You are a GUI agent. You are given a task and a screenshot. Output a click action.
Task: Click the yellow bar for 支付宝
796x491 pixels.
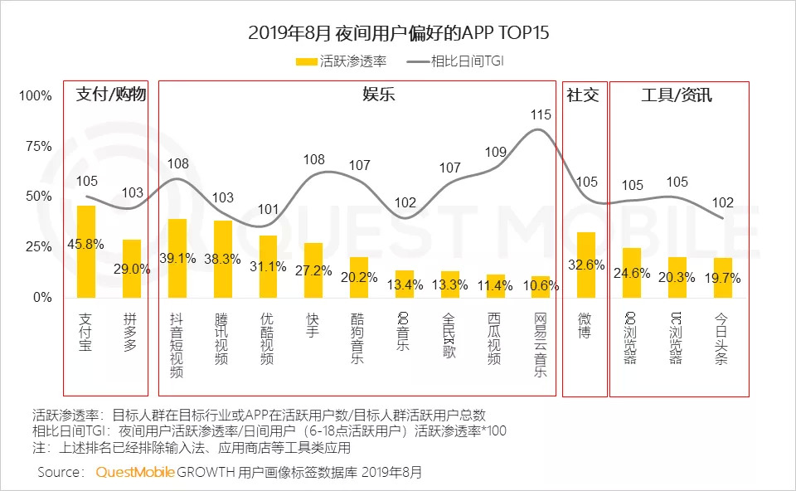click(x=86, y=251)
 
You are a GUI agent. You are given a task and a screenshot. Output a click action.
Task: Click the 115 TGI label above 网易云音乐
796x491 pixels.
click(x=541, y=114)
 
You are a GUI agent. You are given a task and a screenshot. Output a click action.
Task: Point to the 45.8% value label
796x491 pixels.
click(x=86, y=244)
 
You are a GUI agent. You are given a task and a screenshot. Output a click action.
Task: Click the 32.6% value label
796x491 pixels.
click(x=585, y=265)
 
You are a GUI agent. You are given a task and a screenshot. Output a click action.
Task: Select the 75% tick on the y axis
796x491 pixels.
click(x=36, y=147)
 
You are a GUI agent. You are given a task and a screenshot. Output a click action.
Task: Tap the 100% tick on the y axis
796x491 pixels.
click(x=34, y=96)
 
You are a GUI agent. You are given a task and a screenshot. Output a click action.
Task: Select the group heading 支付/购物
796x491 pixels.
click(x=111, y=94)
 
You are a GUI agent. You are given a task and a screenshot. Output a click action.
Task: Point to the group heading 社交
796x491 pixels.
click(x=582, y=94)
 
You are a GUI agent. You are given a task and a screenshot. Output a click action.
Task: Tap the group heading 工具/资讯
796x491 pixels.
click(x=677, y=94)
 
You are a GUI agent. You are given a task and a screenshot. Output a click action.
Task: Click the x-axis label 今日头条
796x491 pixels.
click(x=721, y=339)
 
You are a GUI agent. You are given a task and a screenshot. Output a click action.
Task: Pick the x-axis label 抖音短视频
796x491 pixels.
click(x=177, y=345)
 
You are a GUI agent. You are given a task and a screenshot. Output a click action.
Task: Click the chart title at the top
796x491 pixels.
click(x=398, y=33)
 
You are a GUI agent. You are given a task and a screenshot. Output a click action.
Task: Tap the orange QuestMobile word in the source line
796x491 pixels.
click(x=135, y=473)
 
